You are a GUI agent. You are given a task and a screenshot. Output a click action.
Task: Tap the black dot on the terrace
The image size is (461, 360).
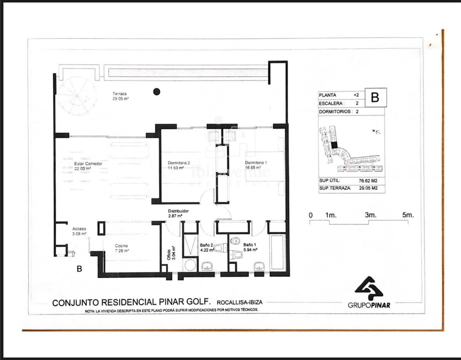156,92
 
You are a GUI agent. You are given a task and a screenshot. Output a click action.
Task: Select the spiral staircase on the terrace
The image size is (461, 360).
77,96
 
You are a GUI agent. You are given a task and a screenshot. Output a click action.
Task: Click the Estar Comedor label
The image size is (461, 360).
88,164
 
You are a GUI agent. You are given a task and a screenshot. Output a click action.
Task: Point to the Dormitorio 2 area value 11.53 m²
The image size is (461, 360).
176,168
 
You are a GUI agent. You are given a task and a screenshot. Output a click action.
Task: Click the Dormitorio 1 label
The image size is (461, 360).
256,163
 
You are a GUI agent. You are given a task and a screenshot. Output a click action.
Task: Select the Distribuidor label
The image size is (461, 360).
178,211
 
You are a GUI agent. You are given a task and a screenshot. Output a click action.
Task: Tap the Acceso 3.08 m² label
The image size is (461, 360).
79,231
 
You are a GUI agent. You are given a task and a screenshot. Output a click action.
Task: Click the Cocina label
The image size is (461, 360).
121,246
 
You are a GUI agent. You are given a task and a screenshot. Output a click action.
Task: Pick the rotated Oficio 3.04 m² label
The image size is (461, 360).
171,253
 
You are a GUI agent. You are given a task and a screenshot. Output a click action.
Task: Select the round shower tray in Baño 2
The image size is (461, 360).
190,265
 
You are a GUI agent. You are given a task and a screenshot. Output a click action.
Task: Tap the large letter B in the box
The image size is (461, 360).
375,97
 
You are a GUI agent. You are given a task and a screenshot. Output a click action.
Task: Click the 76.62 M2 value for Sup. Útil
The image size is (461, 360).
368,181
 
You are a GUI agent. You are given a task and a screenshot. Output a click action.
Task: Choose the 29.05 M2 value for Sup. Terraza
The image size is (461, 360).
368,188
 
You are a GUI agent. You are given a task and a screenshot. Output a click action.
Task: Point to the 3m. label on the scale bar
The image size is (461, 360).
370,215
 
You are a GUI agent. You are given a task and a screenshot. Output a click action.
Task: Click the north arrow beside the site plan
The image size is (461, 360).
376,131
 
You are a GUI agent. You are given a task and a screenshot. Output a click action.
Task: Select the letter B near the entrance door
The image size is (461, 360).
79,269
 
